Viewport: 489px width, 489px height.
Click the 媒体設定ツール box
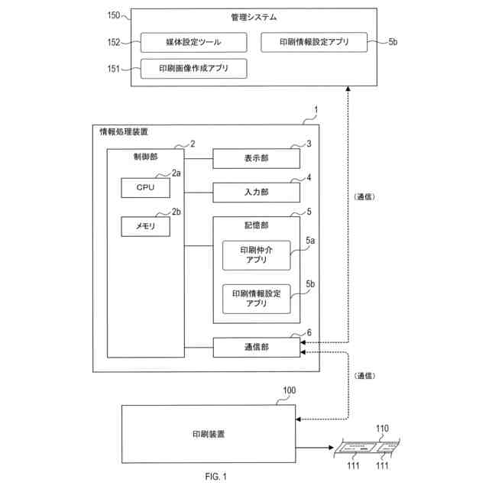pos(193,43)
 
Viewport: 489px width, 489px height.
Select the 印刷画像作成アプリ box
pos(193,69)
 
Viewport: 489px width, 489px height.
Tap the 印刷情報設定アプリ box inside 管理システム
pos(314,43)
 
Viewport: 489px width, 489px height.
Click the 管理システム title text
pos(254,17)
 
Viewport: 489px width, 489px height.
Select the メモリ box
pos(145,226)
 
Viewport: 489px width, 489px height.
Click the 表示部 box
pos(256,158)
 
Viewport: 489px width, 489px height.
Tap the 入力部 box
pos(256,193)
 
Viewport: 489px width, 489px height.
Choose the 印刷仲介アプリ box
pos(256,255)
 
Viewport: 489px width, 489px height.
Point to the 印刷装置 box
pos(208,434)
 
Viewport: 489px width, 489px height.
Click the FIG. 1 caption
pos(216,478)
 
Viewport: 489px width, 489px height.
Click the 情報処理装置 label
pos(124,131)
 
